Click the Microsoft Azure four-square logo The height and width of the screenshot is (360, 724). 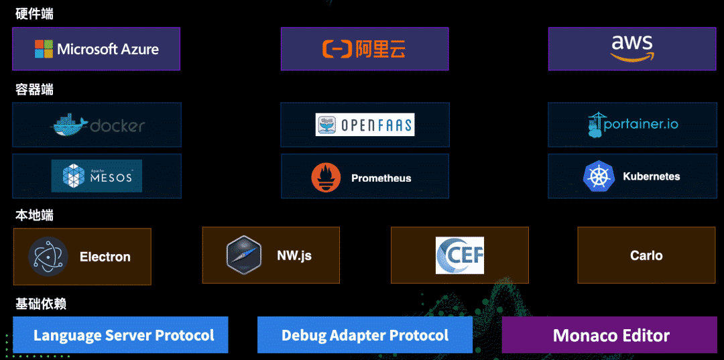[x=44, y=49]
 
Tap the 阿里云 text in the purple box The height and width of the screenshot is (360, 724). [x=380, y=49]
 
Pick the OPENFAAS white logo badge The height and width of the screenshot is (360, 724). [x=365, y=125]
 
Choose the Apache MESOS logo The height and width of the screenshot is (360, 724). [x=97, y=176]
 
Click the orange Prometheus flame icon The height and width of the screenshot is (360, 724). [x=326, y=178]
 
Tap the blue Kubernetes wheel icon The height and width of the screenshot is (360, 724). [x=599, y=176]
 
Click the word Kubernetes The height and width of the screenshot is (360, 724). [x=652, y=176]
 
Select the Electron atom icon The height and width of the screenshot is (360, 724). [x=48, y=257]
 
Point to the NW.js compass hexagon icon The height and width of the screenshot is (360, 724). [x=243, y=255]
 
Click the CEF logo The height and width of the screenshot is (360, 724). [x=460, y=255]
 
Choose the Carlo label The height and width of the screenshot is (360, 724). [x=646, y=255]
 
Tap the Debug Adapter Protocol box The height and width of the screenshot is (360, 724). [x=365, y=335]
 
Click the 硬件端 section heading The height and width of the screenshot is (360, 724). [x=34, y=13]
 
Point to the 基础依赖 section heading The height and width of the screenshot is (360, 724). [x=41, y=304]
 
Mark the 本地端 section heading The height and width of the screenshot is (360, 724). [x=34, y=215]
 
